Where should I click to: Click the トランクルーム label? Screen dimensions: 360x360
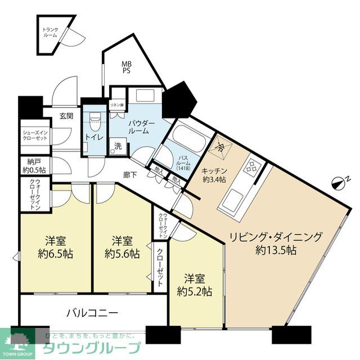tap(50, 32)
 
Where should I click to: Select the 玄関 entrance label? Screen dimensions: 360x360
tap(66, 116)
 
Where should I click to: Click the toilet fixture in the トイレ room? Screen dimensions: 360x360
tap(94, 118)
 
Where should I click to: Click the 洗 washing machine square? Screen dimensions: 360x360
tap(119, 146)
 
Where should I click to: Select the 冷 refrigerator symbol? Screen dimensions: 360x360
tap(220, 147)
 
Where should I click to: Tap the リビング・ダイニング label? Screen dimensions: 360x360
tap(275, 237)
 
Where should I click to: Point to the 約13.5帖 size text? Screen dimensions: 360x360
tap(275, 251)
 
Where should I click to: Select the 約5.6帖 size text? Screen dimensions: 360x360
tap(121, 254)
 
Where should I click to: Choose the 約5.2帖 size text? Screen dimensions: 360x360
tap(194, 291)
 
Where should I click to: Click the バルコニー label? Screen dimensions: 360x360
tap(92, 312)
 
